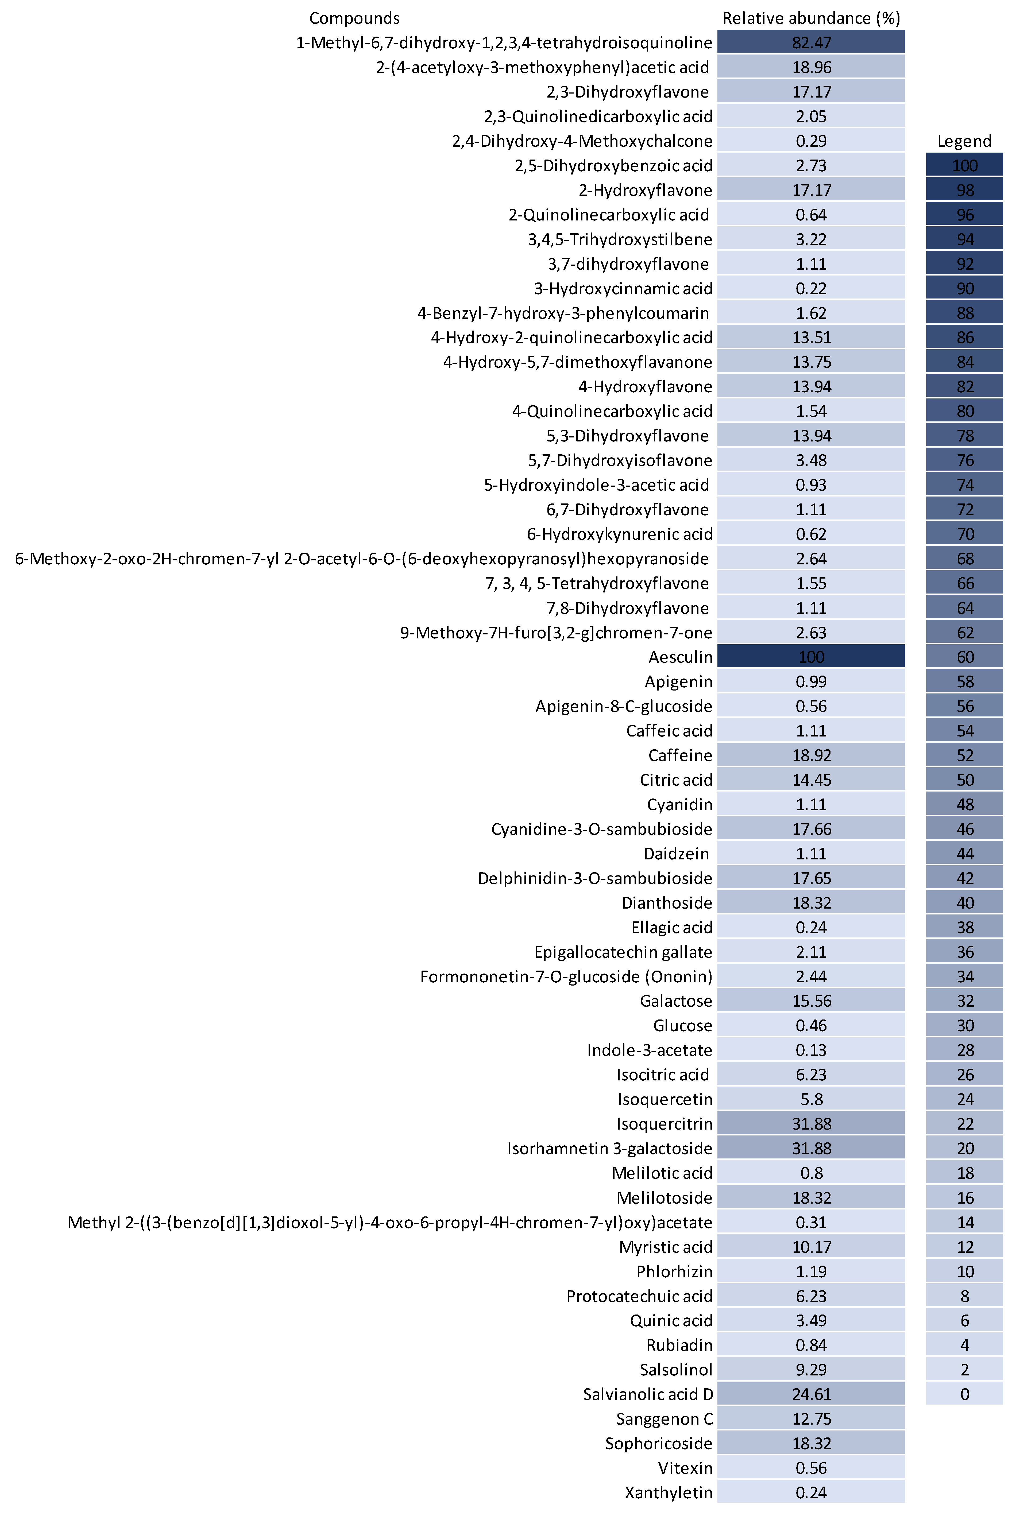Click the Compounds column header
click(x=354, y=18)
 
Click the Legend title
click(x=964, y=141)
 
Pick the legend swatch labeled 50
click(x=964, y=780)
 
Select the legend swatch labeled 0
click(x=964, y=1394)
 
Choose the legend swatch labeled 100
click(x=964, y=166)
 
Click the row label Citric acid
click(x=676, y=780)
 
